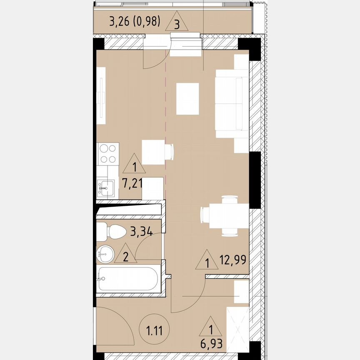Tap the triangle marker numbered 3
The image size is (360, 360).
click(x=177, y=21)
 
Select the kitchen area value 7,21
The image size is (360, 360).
click(x=132, y=183)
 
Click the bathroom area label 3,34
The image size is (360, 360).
click(x=141, y=231)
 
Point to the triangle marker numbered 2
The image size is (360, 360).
click(x=125, y=253)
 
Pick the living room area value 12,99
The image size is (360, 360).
click(x=233, y=260)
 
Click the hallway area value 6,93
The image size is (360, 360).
click(x=211, y=344)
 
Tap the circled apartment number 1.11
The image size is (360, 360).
click(x=154, y=329)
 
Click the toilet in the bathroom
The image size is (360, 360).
click(x=111, y=231)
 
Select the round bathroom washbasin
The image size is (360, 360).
click(x=105, y=254)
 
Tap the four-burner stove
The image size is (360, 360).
click(x=107, y=154)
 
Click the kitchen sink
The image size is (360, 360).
click(x=106, y=188)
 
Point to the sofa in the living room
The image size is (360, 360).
click(x=232, y=104)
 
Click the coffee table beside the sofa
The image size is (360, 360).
click(x=187, y=99)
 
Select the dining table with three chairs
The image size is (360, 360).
click(x=225, y=216)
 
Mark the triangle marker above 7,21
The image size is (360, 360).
click(x=134, y=163)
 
